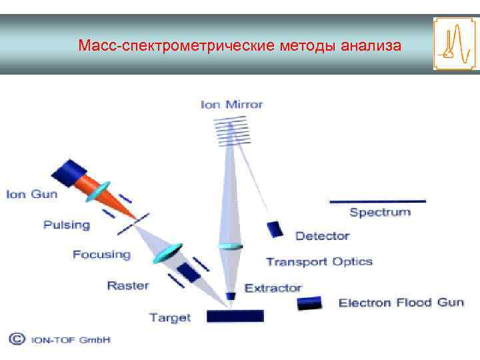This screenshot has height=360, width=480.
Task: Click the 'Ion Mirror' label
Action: (x=231, y=105)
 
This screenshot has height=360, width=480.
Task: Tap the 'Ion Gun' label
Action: (x=31, y=195)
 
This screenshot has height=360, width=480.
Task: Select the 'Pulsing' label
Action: (x=67, y=225)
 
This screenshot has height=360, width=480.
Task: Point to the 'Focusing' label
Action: (x=101, y=255)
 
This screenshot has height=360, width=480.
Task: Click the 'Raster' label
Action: (x=128, y=286)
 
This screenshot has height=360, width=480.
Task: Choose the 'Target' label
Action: (x=170, y=318)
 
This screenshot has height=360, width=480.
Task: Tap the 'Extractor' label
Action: (x=273, y=288)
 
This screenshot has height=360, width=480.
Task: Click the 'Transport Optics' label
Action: (x=319, y=261)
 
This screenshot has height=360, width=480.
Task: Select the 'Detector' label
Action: (x=322, y=236)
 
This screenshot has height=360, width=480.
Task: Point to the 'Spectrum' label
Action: (x=380, y=213)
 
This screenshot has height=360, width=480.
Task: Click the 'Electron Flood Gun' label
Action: (x=401, y=303)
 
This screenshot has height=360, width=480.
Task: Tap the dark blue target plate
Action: (x=235, y=316)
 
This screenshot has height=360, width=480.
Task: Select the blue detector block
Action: (x=275, y=229)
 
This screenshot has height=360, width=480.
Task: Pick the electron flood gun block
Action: (x=309, y=303)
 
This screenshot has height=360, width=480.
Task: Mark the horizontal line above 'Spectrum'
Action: (x=377, y=201)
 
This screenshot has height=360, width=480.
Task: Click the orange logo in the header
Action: (x=455, y=44)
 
